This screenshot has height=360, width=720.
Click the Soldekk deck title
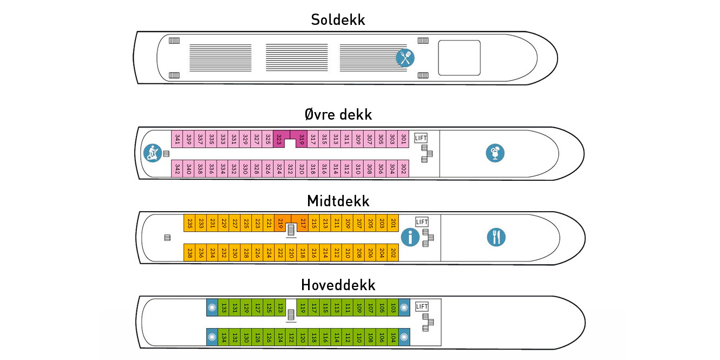(x=338, y=21)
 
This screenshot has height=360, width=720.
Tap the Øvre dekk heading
(x=338, y=115)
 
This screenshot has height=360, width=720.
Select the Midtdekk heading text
(x=338, y=201)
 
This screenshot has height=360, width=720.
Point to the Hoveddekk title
(x=338, y=285)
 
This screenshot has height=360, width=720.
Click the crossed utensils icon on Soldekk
(x=405, y=57)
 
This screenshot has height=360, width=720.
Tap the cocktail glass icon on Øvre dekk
(x=495, y=153)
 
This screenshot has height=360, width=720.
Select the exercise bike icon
(x=152, y=153)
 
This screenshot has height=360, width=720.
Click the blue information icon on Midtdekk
(x=410, y=237)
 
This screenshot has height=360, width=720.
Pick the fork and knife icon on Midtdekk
(x=496, y=237)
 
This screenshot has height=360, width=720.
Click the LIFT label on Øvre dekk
(x=421, y=138)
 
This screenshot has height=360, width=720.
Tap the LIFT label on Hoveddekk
(x=422, y=307)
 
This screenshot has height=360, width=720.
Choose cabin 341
(x=176, y=139)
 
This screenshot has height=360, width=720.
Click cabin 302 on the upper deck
(x=404, y=168)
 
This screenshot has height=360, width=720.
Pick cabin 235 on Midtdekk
(x=190, y=223)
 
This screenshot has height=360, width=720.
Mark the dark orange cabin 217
(x=303, y=223)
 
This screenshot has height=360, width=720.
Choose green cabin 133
(x=224, y=307)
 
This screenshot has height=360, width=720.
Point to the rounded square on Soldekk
(x=459, y=57)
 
